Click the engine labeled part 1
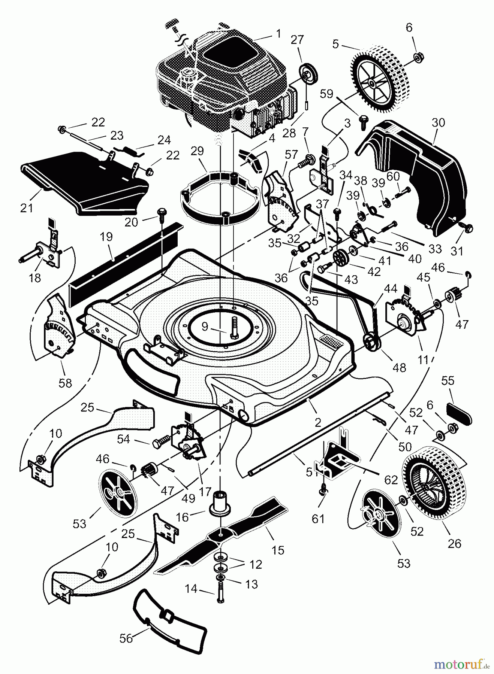(221, 86)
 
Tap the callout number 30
(438, 122)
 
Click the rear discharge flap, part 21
(82, 183)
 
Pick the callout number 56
(126, 638)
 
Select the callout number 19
(107, 237)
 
